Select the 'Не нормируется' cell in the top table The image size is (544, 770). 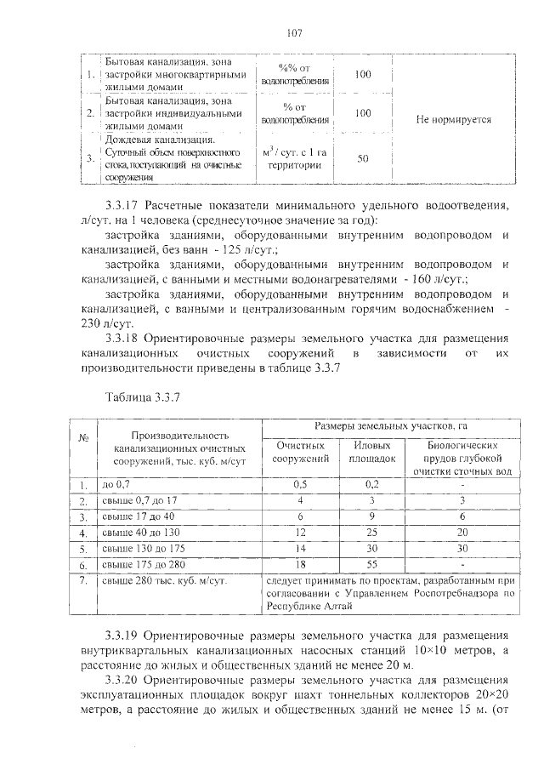(x=453, y=120)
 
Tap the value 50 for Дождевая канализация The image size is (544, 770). (x=363, y=158)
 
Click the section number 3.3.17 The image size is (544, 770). (x=122, y=205)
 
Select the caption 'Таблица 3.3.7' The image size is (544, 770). (x=139, y=396)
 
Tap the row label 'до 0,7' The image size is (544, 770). (x=116, y=484)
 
